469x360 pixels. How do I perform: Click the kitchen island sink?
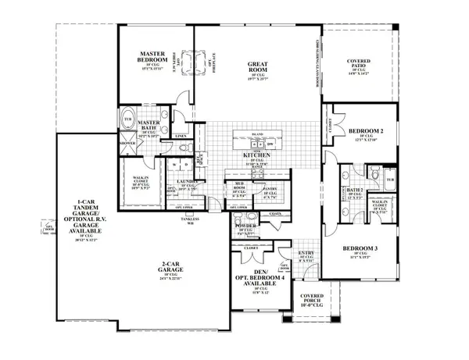pyautogui.click(x=257, y=144)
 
